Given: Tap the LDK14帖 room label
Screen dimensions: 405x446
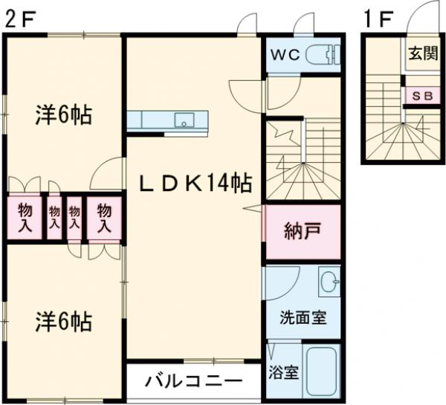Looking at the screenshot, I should point(194,182).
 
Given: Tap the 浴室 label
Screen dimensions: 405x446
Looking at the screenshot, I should point(283,372).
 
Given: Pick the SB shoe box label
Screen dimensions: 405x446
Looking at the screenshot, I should point(421,96).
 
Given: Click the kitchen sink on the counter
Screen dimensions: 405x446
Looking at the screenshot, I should point(184,120).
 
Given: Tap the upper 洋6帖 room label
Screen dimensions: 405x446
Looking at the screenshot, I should point(64,116).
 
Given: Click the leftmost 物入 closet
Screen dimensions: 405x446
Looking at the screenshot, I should point(24,217).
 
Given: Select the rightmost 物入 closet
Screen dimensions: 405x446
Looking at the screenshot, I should point(103,217).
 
